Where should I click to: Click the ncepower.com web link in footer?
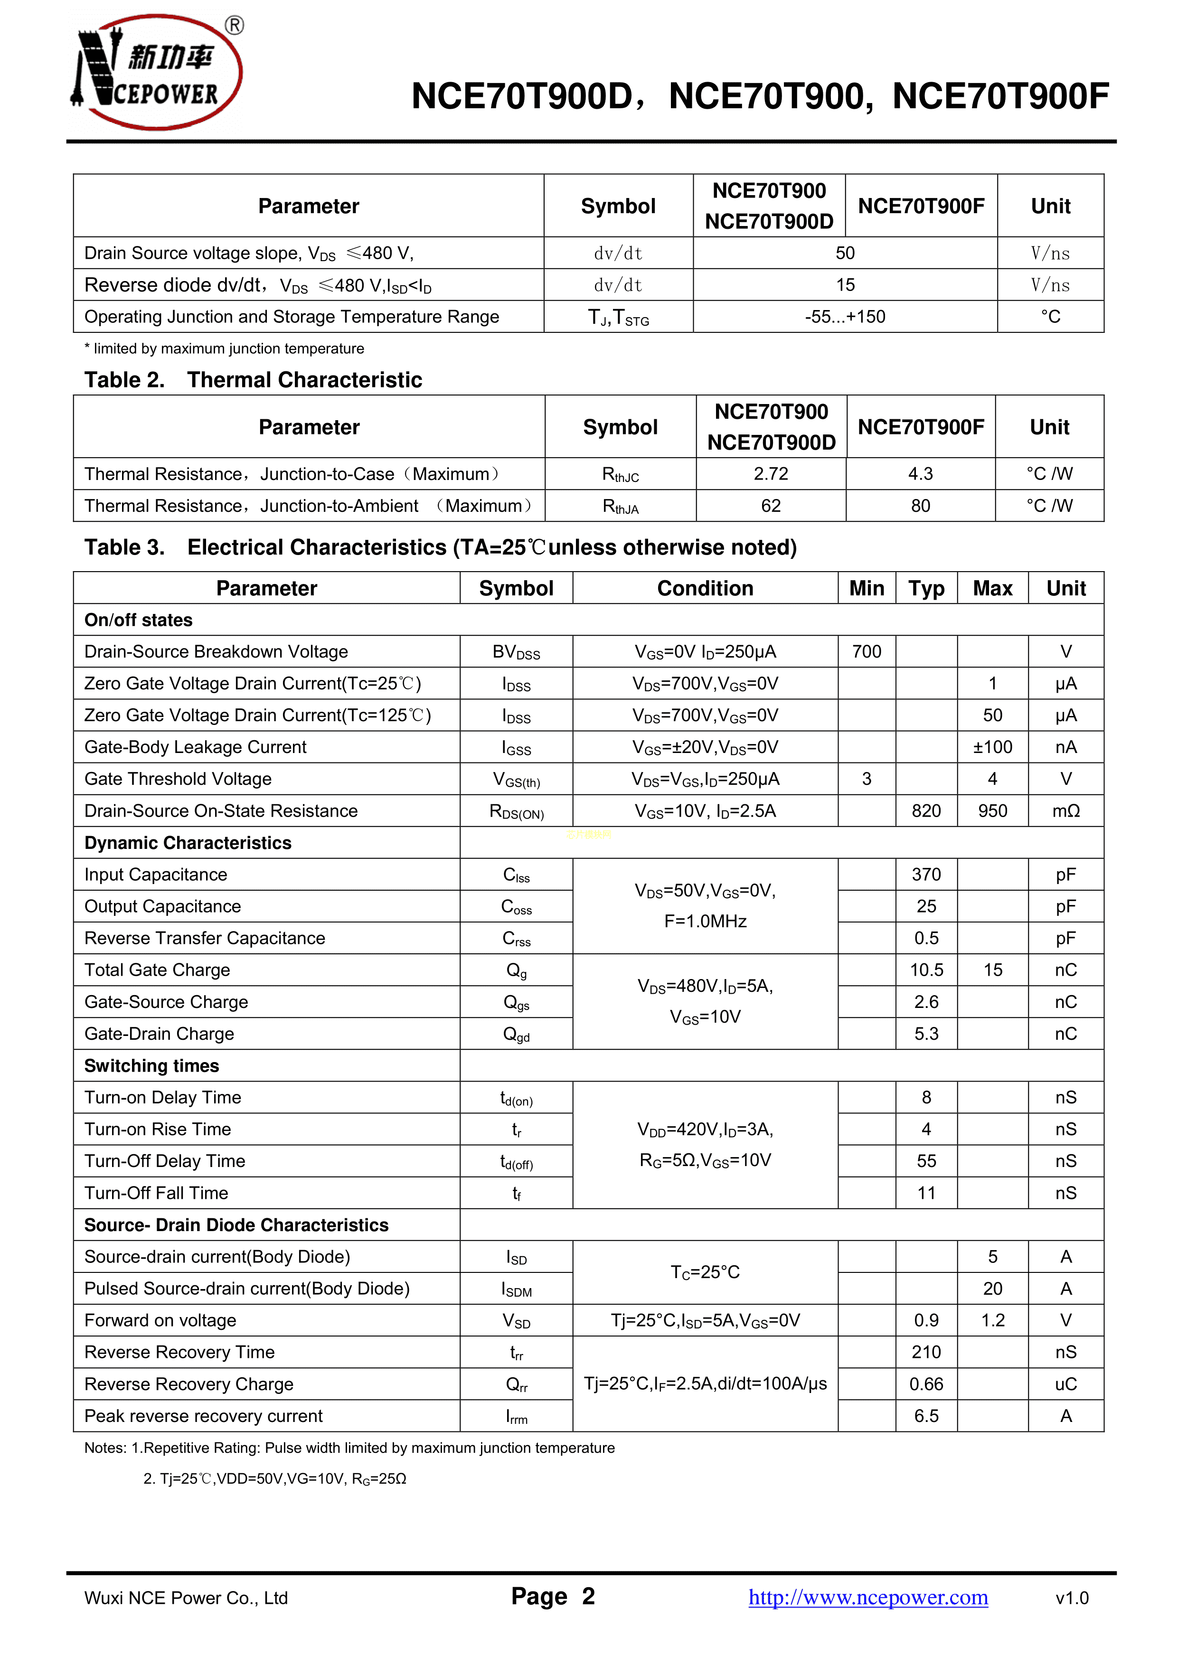pyautogui.click(x=868, y=1597)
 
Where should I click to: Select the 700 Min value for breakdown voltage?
pyautogui.click(x=867, y=651)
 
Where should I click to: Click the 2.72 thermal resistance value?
pyautogui.click(x=771, y=474)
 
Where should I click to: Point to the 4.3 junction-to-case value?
pyautogui.click(x=920, y=474)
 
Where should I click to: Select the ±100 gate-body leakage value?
pyautogui.click(x=992, y=747)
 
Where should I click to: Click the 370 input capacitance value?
pyautogui.click(x=926, y=875)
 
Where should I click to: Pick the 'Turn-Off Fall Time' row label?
pyautogui.click(x=156, y=1193)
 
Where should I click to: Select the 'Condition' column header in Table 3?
pyautogui.click(x=705, y=588)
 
